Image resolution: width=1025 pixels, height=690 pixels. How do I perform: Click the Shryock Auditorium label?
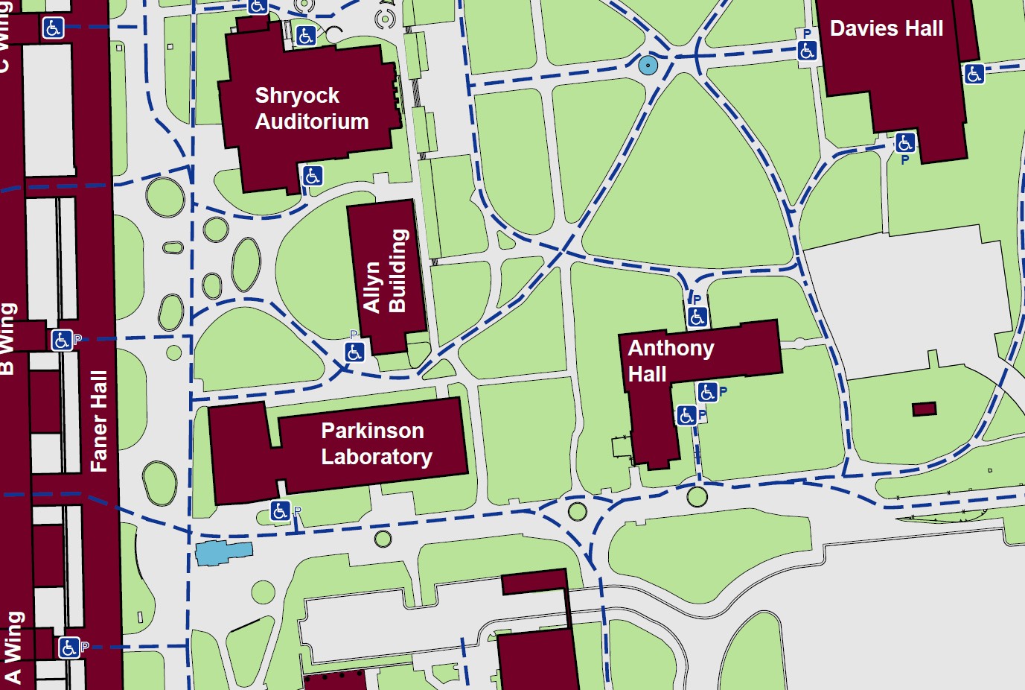click(311, 108)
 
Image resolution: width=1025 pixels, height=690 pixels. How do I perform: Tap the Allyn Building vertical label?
click(385, 272)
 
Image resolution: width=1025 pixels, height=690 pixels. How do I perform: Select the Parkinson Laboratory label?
click(375, 443)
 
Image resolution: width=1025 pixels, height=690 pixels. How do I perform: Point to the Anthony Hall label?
click(670, 361)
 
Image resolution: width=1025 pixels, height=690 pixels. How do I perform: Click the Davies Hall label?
click(886, 29)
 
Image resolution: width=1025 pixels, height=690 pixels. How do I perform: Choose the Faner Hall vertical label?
click(99, 421)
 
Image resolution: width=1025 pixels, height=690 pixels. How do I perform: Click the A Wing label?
click(13, 647)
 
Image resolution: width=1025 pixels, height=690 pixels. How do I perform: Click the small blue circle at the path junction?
click(648, 66)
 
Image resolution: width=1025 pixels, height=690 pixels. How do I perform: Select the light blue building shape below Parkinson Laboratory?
click(223, 553)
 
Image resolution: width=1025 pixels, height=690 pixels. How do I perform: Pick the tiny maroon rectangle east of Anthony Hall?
click(924, 409)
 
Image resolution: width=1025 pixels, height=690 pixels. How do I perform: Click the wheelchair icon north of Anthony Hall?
click(697, 317)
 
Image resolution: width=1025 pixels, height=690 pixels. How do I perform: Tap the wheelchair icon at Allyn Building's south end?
click(354, 352)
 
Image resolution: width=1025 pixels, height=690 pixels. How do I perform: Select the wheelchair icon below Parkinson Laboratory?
click(280, 510)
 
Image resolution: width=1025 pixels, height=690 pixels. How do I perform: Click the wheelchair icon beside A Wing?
click(68, 648)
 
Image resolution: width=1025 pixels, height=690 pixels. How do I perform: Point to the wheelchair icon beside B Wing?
click(62, 341)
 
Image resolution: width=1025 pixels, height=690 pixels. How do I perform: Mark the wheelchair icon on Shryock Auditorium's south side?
click(312, 176)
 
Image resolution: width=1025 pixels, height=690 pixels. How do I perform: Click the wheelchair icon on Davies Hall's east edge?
click(974, 74)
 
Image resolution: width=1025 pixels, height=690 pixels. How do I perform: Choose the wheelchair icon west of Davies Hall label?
click(807, 51)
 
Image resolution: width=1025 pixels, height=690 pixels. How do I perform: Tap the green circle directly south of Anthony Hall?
click(697, 496)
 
